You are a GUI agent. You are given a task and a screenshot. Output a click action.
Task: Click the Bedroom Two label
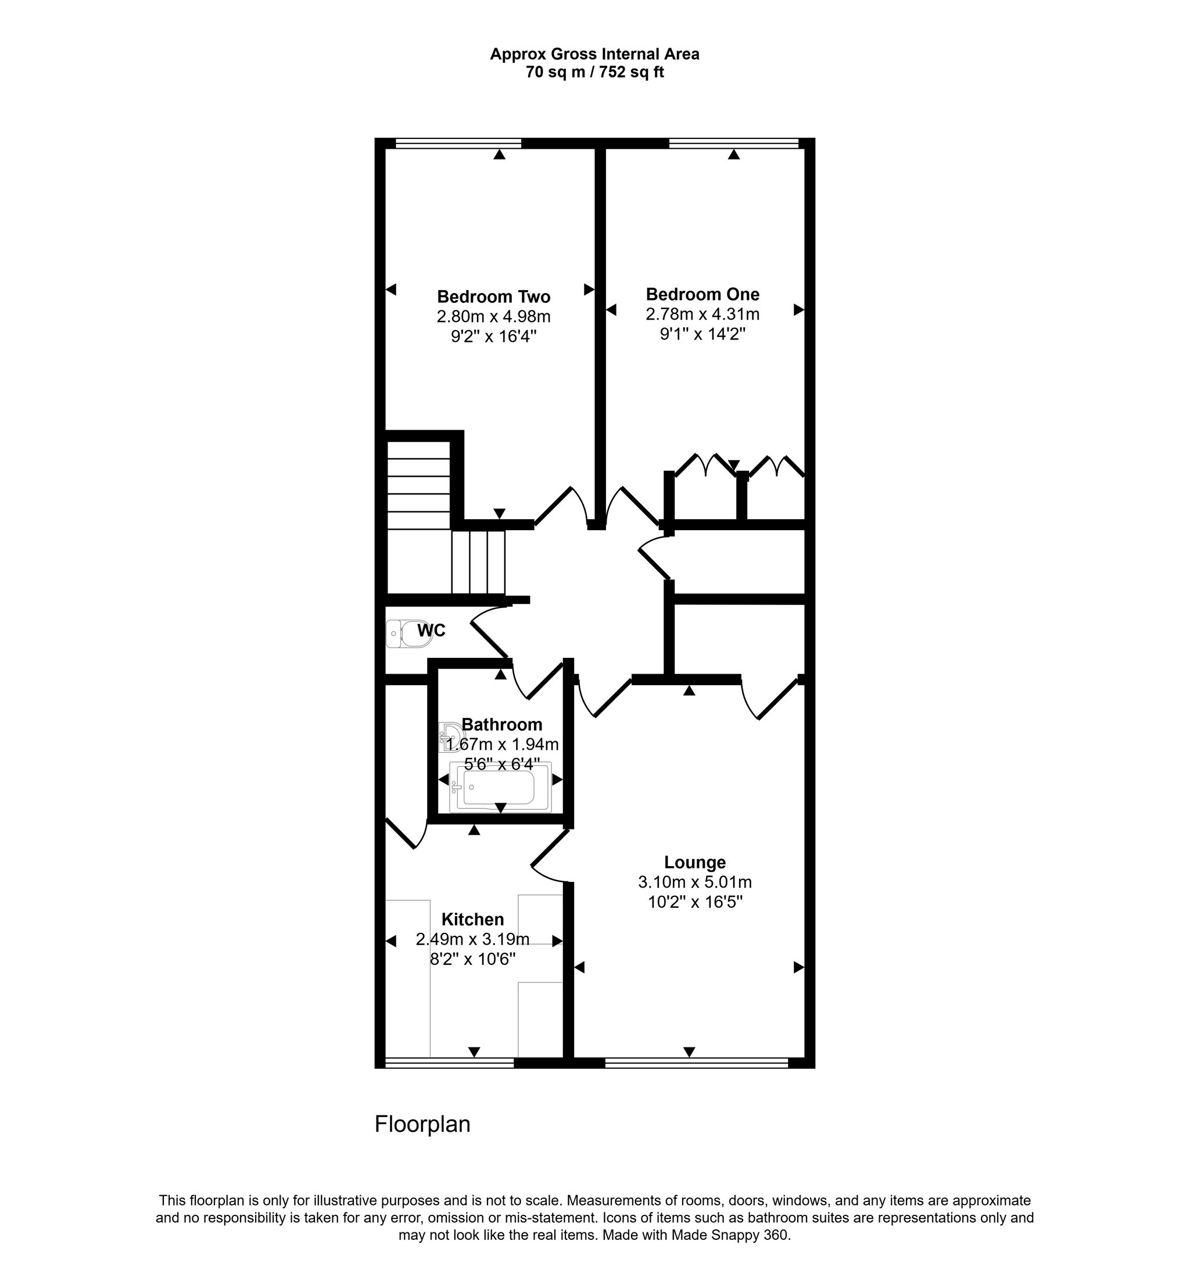[493, 297]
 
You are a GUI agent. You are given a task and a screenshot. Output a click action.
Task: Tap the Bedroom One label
[702, 294]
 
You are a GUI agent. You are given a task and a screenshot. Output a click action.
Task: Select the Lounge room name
[694, 862]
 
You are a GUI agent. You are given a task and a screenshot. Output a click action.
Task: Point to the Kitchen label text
[472, 920]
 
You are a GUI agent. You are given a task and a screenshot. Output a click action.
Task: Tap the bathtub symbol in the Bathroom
[500, 788]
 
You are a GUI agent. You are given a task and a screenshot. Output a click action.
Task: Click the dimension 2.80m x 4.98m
[493, 316]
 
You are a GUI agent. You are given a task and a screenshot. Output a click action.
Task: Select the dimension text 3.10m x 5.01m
[694, 882]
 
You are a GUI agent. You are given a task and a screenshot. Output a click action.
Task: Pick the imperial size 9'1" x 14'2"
[702, 334]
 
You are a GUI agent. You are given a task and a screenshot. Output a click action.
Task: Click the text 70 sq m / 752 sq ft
[594, 73]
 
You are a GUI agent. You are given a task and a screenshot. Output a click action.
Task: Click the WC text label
[431, 631]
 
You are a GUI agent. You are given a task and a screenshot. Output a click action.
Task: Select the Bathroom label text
[501, 725]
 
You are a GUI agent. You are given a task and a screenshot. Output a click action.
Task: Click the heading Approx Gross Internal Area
[594, 55]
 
